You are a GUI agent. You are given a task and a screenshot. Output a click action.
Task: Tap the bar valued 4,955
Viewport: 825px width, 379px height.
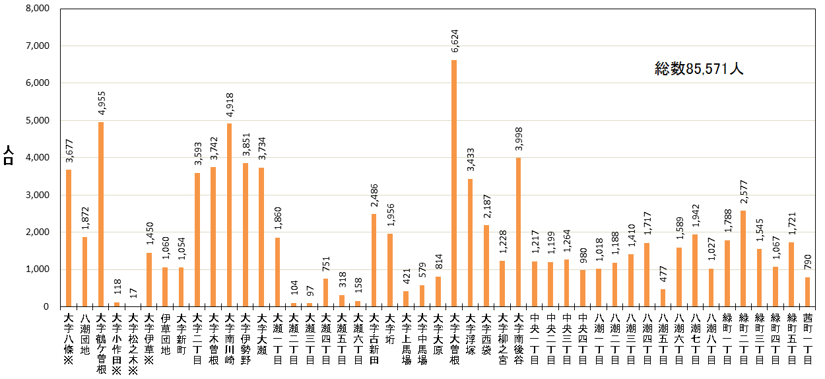point(101,214)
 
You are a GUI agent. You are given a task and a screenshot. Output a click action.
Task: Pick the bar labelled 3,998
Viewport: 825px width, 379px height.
point(518,232)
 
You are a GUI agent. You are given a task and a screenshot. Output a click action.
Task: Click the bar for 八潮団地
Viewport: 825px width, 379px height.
point(84,271)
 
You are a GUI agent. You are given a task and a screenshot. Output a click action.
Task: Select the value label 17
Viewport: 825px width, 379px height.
point(133,293)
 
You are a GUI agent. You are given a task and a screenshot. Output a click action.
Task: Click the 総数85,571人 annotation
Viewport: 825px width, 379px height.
point(699,69)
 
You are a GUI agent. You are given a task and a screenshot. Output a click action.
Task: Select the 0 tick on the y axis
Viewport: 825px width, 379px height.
point(46,306)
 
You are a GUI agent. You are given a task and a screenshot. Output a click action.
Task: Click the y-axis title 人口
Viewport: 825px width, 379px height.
point(9,157)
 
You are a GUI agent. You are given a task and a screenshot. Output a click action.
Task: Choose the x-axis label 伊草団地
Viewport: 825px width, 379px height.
point(165,334)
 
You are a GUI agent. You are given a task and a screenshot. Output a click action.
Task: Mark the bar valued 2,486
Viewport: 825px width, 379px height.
point(374,260)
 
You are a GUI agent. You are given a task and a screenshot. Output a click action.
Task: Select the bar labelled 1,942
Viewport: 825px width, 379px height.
point(695,270)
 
